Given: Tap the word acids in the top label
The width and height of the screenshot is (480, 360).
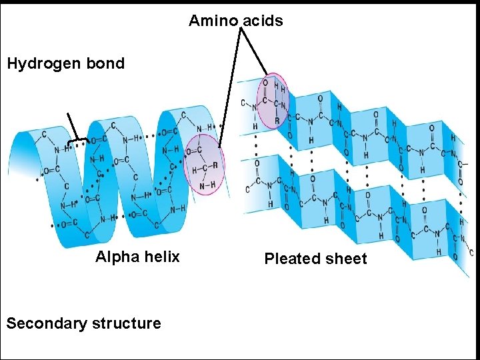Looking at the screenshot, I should pos(263,21).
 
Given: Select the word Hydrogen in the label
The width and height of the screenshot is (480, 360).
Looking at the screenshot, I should pos(45,64).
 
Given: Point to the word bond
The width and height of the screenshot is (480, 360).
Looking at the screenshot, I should pos(107,64).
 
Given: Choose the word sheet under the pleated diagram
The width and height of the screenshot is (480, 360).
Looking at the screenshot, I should pos(347,259).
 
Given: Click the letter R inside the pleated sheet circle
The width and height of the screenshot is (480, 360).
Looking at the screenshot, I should pos(277,121).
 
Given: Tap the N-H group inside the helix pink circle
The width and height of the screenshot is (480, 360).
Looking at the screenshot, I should pos(208,185).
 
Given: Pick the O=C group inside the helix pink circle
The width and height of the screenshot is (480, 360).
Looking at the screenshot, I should pos(195,151).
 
